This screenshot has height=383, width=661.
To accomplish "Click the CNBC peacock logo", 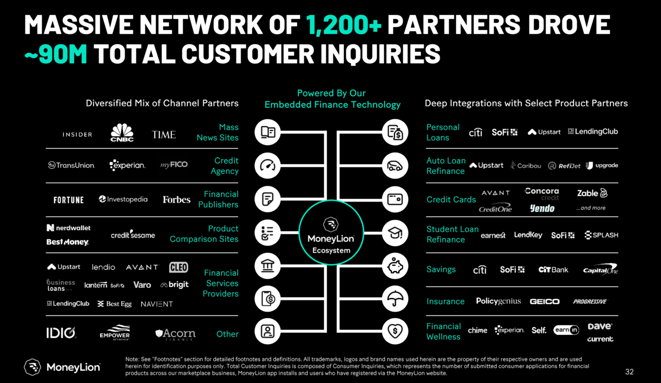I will pyautogui.click(x=122, y=132).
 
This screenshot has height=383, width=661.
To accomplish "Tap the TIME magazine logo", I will pyautogui.click(x=164, y=134).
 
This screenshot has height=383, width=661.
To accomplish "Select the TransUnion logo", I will pyautogui.click(x=71, y=165).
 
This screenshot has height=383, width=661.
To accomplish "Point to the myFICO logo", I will pyautogui.click(x=174, y=165).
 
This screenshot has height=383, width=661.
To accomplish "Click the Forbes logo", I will pyautogui.click(x=177, y=199).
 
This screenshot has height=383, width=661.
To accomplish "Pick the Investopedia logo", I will pyautogui.click(x=123, y=199).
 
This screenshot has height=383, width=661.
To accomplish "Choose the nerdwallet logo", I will pyautogui.click(x=69, y=228).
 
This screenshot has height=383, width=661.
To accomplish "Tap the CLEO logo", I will pyautogui.click(x=179, y=267).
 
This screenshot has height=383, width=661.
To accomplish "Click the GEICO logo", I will pyautogui.click(x=544, y=302).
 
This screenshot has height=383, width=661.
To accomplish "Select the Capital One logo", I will pyautogui.click(x=600, y=269).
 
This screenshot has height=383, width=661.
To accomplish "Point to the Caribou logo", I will pyautogui.click(x=525, y=165).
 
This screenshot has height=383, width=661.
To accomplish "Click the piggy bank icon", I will pyautogui.click(x=394, y=266).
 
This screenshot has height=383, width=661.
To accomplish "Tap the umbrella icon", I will pyautogui.click(x=394, y=299).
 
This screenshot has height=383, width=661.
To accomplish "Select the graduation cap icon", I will pyautogui.click(x=394, y=233).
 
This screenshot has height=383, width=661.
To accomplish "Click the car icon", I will pyautogui.click(x=394, y=166).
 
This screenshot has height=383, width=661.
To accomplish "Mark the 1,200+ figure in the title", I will pyautogui.click(x=344, y=24).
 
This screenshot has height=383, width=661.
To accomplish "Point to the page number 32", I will pyautogui.click(x=629, y=372).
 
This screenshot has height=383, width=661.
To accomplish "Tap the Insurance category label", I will pyautogui.click(x=445, y=301).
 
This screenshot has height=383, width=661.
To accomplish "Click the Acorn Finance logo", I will pyautogui.click(x=175, y=334).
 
